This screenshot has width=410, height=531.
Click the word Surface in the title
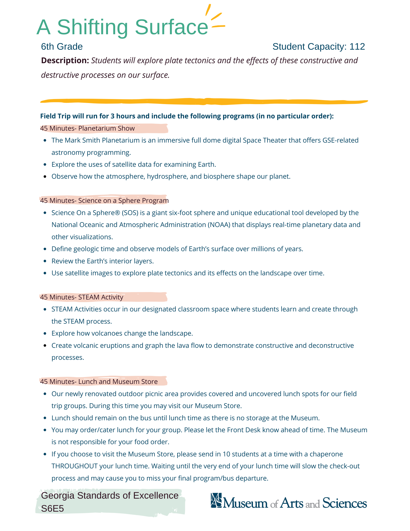(171, 27)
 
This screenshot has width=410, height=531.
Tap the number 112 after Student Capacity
(357, 47)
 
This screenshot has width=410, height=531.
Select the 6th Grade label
(62, 47)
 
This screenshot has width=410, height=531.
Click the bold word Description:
(65, 61)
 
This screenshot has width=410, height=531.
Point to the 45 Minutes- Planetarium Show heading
(88, 129)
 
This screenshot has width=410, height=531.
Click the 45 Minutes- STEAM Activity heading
(82, 297)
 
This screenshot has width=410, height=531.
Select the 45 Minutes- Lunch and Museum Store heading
(99, 382)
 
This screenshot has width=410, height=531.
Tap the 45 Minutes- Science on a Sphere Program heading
(104, 200)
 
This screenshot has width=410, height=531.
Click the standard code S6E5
(53, 508)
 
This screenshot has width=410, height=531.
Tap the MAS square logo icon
(216, 500)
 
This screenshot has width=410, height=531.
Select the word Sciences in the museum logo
(344, 503)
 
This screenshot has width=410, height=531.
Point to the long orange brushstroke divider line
(204, 101)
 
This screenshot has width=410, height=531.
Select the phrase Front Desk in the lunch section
(244, 430)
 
